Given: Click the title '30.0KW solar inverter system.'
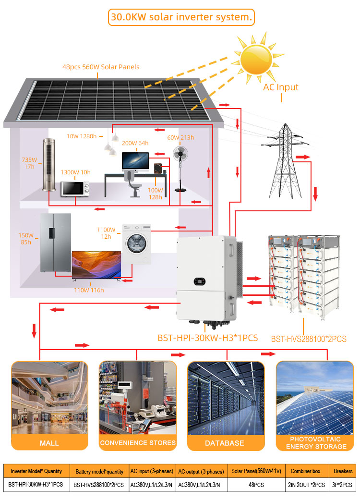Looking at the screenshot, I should click(x=180, y=18).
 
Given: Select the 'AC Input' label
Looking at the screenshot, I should click(x=281, y=87).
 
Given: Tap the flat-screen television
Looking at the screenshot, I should click(x=96, y=265).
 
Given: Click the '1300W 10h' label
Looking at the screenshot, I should click(x=75, y=172).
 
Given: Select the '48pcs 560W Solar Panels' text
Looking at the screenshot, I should click(x=101, y=67).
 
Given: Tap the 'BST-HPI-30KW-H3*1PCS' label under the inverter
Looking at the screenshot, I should click(x=208, y=338).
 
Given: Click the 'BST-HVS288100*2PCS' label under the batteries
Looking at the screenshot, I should click(x=309, y=339).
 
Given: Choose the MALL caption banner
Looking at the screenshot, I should click(x=49, y=443).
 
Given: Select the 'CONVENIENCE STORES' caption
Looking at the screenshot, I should click(x=138, y=443).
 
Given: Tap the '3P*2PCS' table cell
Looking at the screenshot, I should click(x=343, y=485).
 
